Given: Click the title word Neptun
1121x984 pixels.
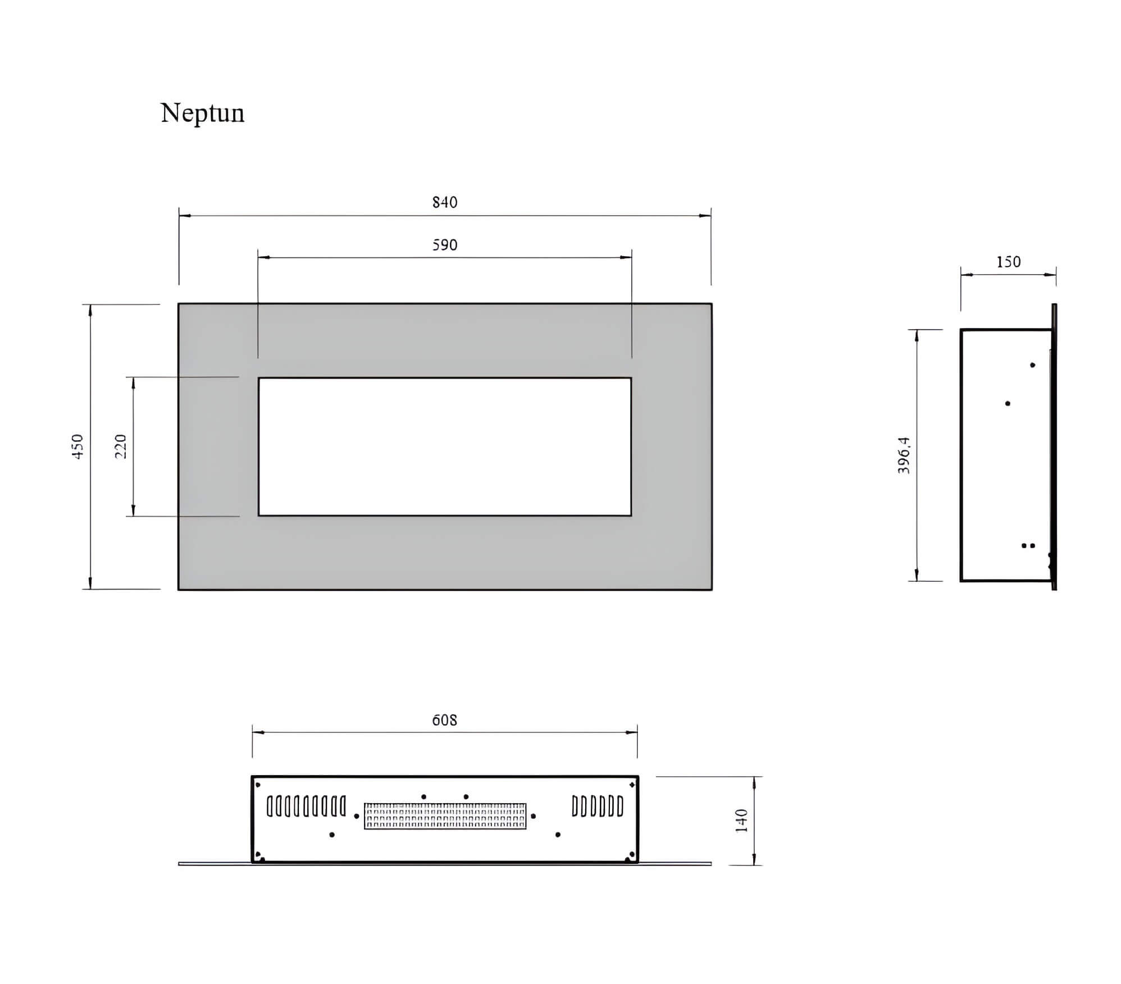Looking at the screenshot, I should pos(202,113).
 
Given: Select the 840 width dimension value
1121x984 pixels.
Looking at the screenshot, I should pos(445,202).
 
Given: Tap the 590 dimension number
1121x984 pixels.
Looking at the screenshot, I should pos(445,245).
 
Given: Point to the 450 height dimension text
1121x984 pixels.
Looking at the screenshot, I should pos(78,447).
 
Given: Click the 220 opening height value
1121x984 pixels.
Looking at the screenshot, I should pos(121,447).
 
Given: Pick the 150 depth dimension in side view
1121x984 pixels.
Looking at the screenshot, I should pos(1008,262).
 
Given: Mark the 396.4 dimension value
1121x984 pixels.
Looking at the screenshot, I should pos(904,455).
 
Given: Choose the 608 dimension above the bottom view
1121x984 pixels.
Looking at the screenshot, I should pos(445,720).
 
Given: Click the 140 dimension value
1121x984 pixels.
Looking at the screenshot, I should pos(741,821).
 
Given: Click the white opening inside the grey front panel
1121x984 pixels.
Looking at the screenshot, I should pos(445,447).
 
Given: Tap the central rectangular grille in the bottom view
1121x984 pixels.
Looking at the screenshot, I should pos(445,816).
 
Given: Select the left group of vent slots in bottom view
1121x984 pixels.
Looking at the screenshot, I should pos(306,807).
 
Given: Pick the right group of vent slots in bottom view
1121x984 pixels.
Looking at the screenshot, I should pos(598,807).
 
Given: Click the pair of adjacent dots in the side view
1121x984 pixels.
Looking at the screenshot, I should pos(1028,545).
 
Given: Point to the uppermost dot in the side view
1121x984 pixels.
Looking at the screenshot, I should pos(1032,365).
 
